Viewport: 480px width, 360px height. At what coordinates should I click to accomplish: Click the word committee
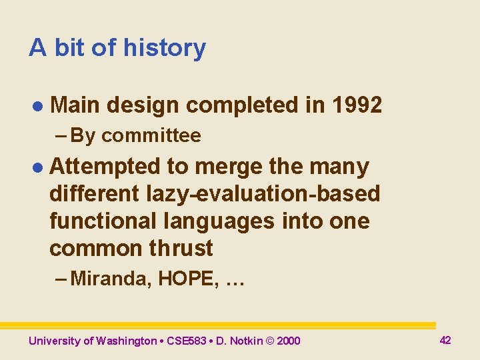click(151, 136)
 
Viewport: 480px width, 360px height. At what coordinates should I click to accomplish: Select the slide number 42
click(445, 340)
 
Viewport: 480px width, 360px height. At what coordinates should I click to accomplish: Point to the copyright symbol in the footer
click(271, 341)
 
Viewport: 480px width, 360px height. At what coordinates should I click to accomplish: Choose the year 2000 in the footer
click(288, 341)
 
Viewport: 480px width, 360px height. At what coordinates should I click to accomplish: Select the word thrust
click(181, 248)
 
